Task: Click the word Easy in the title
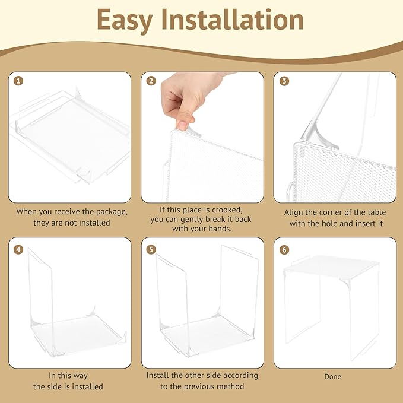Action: (125, 21)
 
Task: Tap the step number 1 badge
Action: (18, 81)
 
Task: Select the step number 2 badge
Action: (151, 81)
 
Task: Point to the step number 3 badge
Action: (284, 81)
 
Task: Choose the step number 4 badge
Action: (18, 249)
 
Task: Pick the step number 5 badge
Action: (151, 249)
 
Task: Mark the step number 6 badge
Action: (284, 249)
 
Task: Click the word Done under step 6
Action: (332, 376)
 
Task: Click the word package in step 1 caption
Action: (112, 212)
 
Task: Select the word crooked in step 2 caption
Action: (226, 210)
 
